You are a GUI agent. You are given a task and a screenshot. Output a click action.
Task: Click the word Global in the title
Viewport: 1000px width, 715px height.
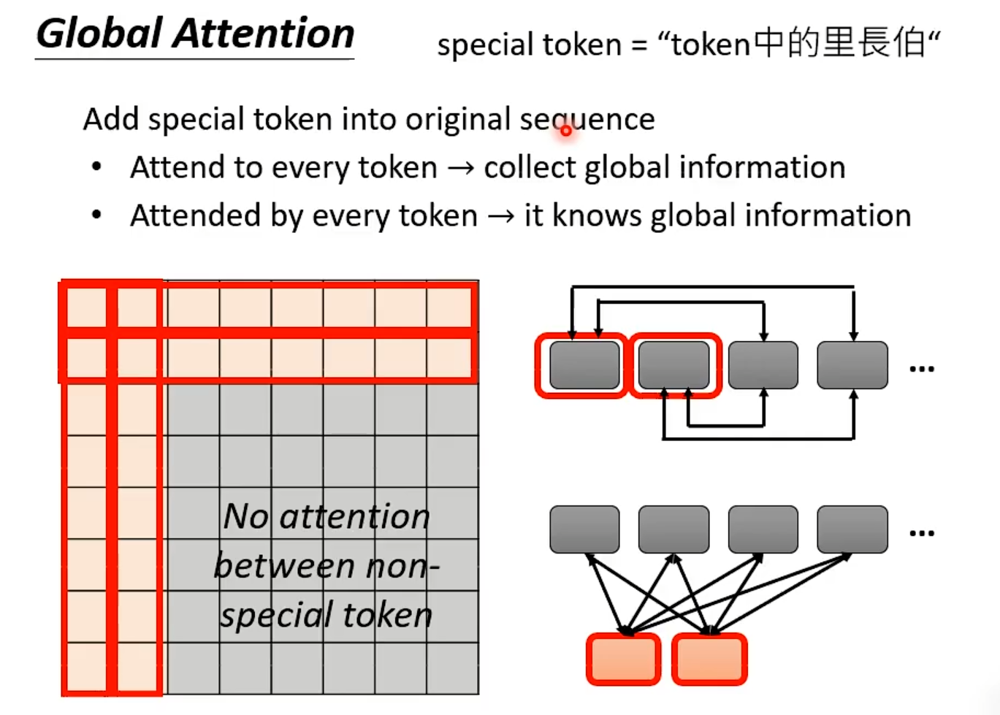[x=99, y=34]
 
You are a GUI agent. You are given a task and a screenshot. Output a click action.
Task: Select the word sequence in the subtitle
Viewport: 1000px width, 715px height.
[x=587, y=119]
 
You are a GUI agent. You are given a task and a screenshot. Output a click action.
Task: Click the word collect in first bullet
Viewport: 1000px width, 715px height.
[x=530, y=167]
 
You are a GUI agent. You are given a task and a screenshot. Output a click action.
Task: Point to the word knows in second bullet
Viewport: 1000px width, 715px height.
[x=597, y=215]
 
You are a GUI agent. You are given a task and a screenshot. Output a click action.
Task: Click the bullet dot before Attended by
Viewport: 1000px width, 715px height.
[x=96, y=215]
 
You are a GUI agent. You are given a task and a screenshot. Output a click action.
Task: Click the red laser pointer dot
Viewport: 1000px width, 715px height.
[x=566, y=131]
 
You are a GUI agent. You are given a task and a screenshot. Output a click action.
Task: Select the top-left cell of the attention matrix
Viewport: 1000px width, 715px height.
[x=87, y=307]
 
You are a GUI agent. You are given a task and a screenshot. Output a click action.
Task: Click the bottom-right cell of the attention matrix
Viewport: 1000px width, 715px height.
[x=453, y=668]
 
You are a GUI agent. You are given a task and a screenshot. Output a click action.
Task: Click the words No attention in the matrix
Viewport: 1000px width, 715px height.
[x=327, y=516]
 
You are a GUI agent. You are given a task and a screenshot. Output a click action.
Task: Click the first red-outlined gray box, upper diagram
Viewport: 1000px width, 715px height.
[x=584, y=365]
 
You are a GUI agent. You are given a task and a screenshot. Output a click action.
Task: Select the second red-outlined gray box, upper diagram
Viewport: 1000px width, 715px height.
[x=673, y=365]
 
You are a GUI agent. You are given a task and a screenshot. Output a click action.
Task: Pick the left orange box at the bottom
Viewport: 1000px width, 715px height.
[x=623, y=659]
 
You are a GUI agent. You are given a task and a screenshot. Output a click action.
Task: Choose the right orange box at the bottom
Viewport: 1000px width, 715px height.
[x=709, y=659]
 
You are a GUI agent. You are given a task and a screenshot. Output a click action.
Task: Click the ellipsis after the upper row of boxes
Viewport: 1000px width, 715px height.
[x=922, y=369]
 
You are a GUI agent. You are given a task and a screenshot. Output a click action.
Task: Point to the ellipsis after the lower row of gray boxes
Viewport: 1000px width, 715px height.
[x=922, y=533]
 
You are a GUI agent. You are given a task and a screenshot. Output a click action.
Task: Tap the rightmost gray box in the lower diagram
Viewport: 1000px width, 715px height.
[x=852, y=529]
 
